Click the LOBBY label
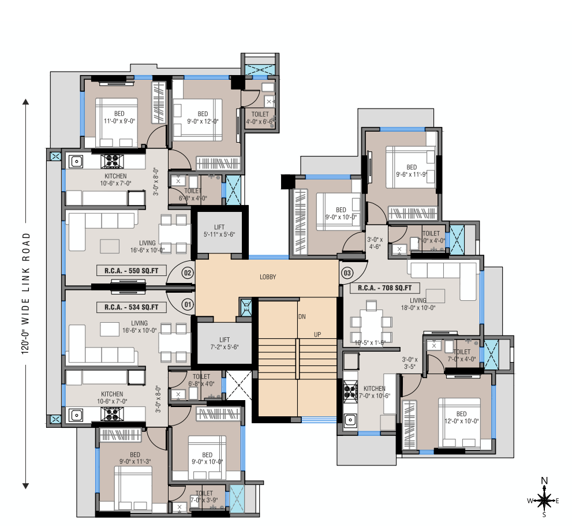[268, 277]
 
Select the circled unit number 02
[188, 273]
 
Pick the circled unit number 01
[188, 303]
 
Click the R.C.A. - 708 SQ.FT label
[384, 288]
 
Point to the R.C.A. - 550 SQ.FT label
[132, 270]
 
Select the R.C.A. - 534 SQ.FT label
[132, 307]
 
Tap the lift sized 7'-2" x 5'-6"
[225, 344]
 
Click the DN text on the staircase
[302, 317]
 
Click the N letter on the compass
[544, 480]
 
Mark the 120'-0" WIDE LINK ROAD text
[26, 295]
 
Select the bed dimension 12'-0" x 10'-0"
[461, 421]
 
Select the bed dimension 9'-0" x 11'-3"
[135, 461]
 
